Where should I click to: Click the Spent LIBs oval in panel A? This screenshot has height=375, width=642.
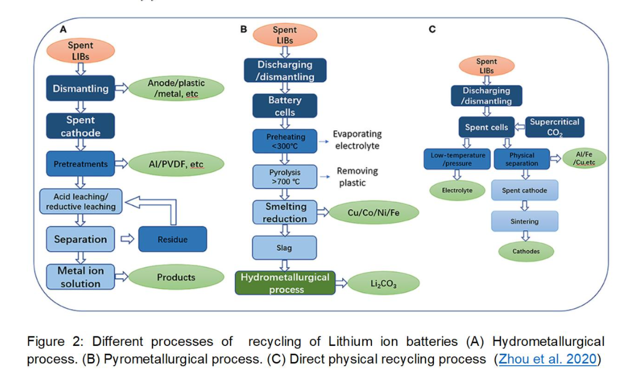80,51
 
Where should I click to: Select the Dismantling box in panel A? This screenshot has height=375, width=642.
80,89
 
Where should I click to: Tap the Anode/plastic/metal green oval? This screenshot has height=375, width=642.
176,89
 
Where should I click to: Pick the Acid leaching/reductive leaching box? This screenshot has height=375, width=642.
81,202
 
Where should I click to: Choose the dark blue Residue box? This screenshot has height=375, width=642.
172,240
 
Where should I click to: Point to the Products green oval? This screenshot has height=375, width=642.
176,278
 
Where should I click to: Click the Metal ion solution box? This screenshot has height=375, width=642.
80,277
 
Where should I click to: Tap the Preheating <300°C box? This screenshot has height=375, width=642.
285,141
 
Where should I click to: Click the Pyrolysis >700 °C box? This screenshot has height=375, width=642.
285,177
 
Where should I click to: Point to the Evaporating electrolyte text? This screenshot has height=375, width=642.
357,140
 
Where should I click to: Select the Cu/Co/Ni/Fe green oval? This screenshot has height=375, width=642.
374,213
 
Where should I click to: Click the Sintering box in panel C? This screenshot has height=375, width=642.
524,221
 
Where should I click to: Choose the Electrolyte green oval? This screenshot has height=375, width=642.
457,191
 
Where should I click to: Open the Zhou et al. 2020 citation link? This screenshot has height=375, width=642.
547,359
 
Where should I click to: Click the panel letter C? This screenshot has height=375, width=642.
432,30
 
